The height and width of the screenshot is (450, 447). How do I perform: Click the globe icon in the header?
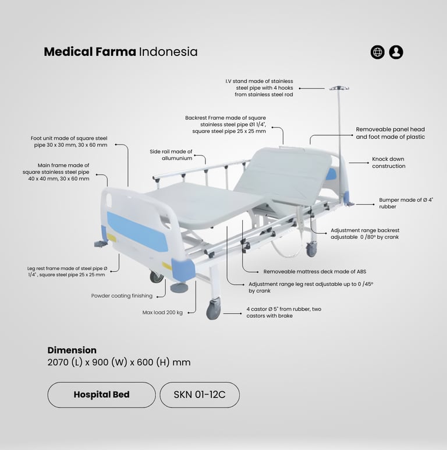point(377,52)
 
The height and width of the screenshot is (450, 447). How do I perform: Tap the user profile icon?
point(396,52)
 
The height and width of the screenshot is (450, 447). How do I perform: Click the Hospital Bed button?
point(101,395)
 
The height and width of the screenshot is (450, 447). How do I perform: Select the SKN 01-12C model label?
point(200,395)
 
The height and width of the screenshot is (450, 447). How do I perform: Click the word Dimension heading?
point(72,350)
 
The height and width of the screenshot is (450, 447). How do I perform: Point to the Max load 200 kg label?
point(162,312)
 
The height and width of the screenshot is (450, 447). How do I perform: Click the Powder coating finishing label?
point(122,296)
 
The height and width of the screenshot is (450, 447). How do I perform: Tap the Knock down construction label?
point(389,163)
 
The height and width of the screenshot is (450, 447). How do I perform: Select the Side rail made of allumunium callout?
point(171,154)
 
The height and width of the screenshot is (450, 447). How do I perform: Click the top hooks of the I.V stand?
point(339,88)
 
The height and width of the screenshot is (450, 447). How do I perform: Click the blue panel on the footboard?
point(137,231)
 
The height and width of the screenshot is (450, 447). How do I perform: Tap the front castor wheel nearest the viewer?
point(214,310)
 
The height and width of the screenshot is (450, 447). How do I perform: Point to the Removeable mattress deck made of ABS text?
point(315,272)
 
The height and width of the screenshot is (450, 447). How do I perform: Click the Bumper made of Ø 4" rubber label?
point(406,203)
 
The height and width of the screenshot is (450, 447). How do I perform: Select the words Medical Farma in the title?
point(90,52)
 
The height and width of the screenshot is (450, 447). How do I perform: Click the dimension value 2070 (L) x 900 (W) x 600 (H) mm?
point(119,363)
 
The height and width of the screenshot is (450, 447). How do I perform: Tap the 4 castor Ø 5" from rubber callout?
point(283,312)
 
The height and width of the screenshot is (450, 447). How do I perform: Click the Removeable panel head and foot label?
point(391,133)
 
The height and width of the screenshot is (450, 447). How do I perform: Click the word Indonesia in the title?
point(168,52)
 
